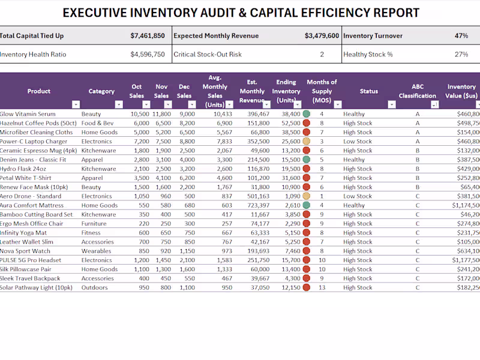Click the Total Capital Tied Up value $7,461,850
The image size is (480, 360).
click(x=148, y=36)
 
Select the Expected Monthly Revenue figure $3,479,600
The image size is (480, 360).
click(x=322, y=36)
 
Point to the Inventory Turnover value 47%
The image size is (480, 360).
click(x=461, y=36)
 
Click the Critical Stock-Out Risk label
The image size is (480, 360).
click(x=208, y=55)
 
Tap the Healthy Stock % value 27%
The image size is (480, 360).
click(x=461, y=55)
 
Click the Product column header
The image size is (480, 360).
click(x=38, y=91)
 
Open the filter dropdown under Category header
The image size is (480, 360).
click(x=119, y=104)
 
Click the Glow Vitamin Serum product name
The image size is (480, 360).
click(x=28, y=114)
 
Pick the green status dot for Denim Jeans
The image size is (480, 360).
click(x=307, y=160)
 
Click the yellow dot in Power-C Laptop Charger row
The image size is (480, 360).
click(x=307, y=142)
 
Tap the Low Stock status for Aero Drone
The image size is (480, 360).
click(x=358, y=196)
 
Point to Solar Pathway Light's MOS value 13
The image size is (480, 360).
click(x=322, y=288)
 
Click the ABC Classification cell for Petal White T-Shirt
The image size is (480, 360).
click(x=418, y=178)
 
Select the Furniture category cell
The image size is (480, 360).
click(x=94, y=224)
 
